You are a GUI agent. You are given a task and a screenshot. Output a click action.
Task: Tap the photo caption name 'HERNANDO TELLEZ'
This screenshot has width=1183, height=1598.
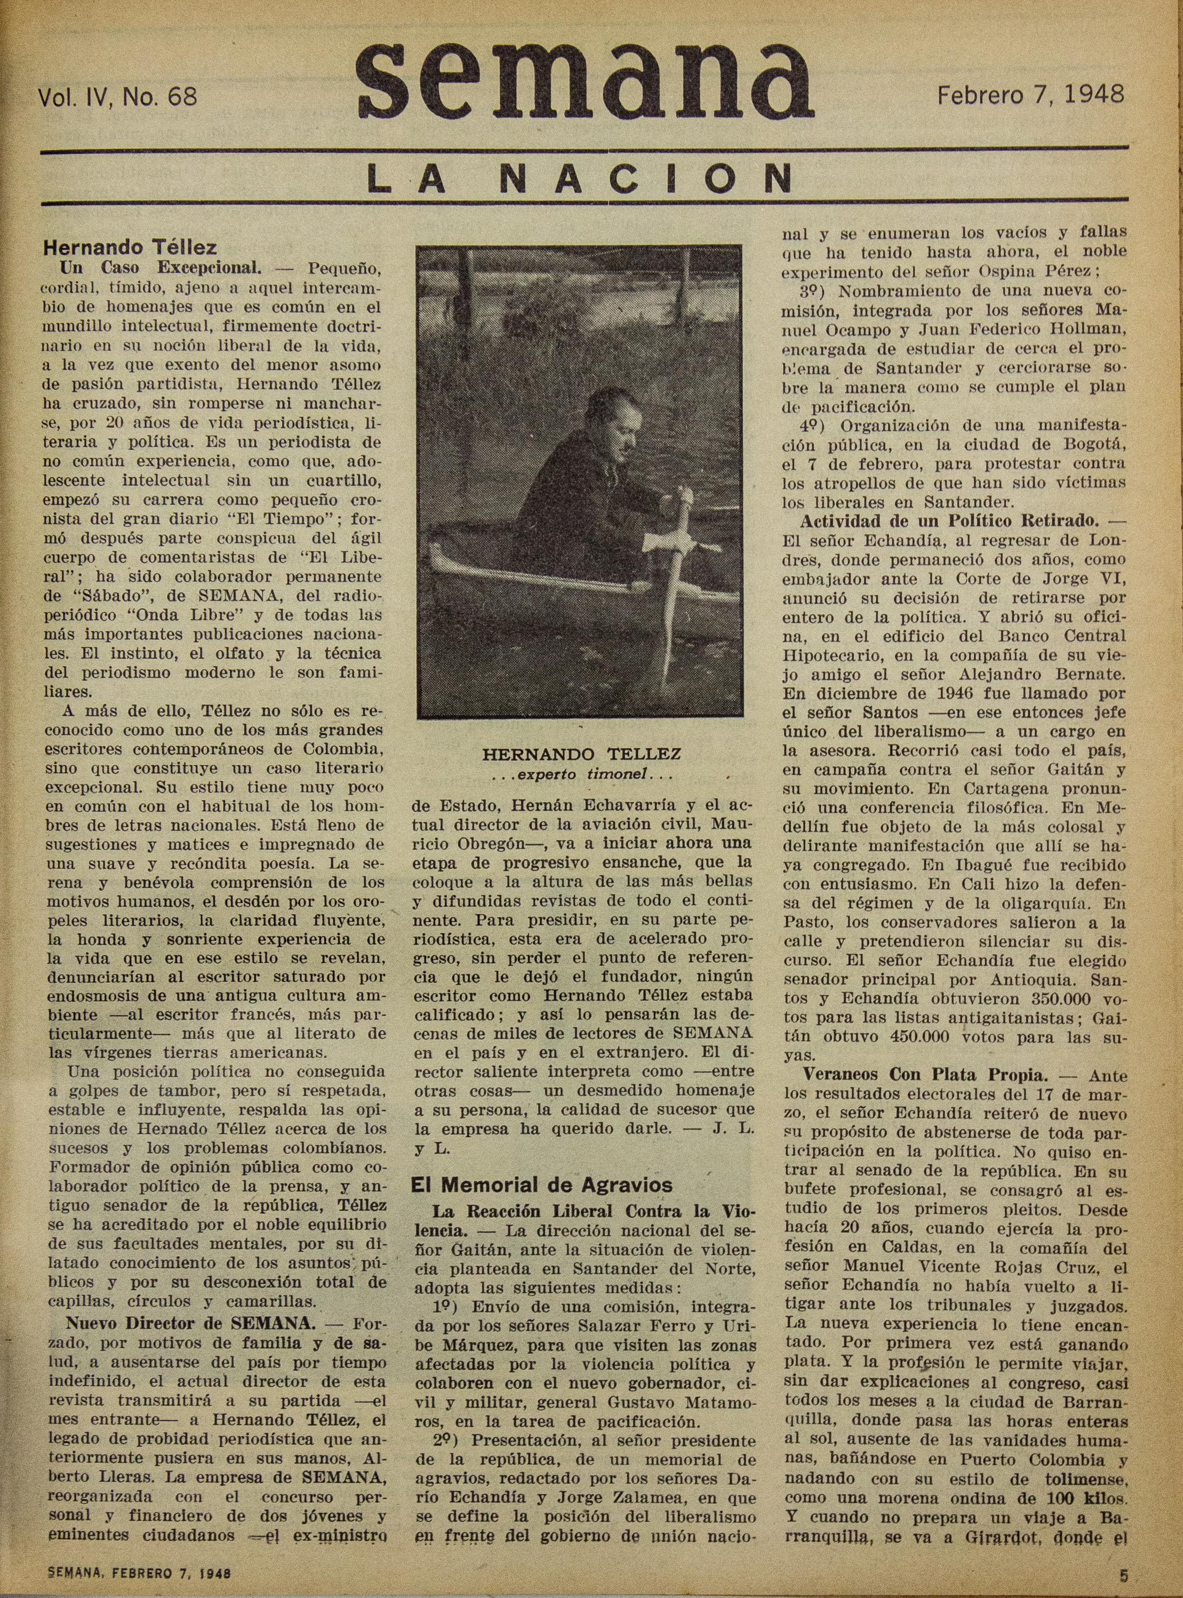(581, 754)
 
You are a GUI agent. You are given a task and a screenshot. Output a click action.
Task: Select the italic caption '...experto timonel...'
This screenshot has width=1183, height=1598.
(581, 774)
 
